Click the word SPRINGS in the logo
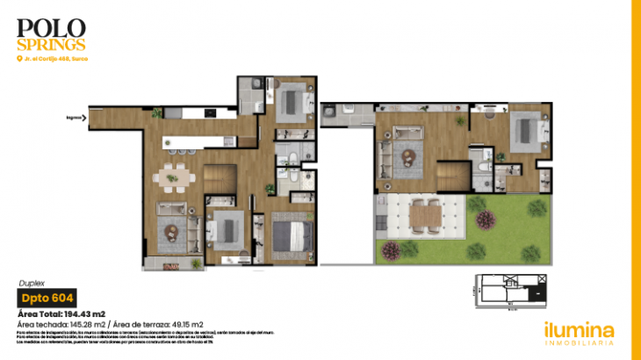(52, 43)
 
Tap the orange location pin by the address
(18, 59)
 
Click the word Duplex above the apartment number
(31, 284)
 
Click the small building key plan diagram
(510, 292)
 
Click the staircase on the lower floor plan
(221, 176)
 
